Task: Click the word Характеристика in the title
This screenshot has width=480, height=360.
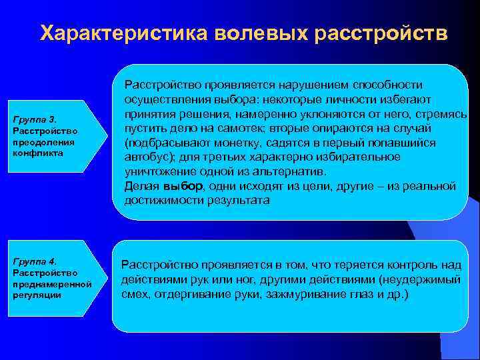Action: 123,33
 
